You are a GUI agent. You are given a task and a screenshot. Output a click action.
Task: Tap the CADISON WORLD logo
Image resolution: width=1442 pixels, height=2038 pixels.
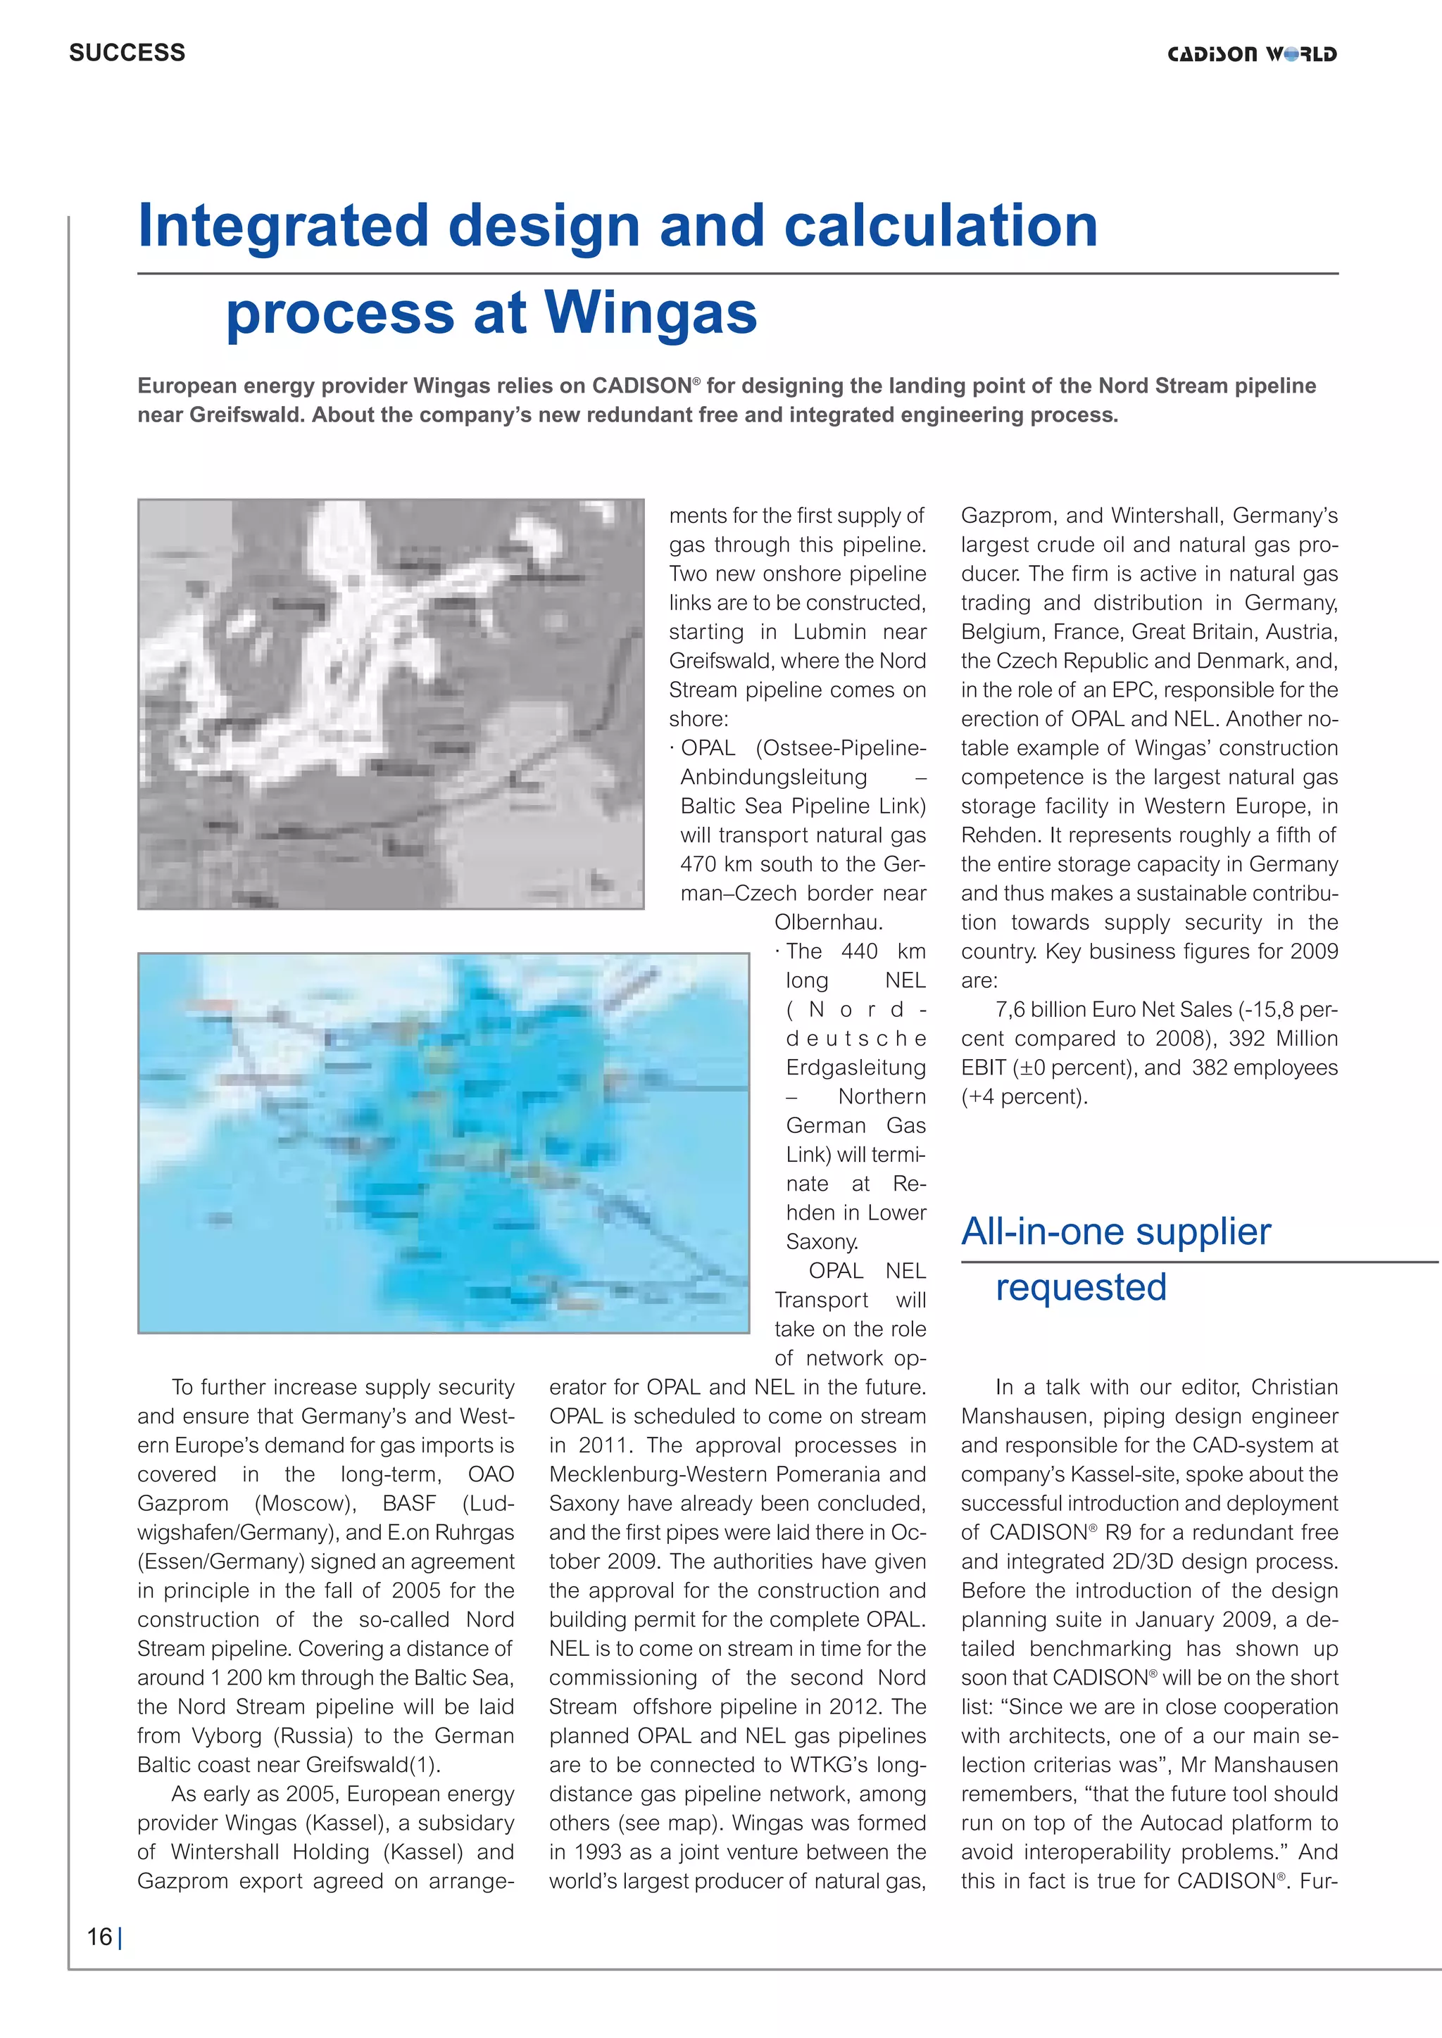pyautogui.click(x=1251, y=54)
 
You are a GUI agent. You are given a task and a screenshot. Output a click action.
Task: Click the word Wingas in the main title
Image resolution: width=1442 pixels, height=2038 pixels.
pyautogui.click(x=650, y=312)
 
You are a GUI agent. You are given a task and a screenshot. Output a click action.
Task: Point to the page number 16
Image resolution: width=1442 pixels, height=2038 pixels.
pyautogui.click(x=99, y=1937)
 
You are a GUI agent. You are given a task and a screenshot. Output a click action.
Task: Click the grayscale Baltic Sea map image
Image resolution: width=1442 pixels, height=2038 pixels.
pyautogui.click(x=391, y=703)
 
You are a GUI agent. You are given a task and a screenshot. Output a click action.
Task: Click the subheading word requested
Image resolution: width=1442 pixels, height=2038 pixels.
pyautogui.click(x=1081, y=1286)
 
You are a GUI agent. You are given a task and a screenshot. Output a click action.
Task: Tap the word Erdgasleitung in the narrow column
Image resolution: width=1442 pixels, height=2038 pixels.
pyautogui.click(x=855, y=1067)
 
